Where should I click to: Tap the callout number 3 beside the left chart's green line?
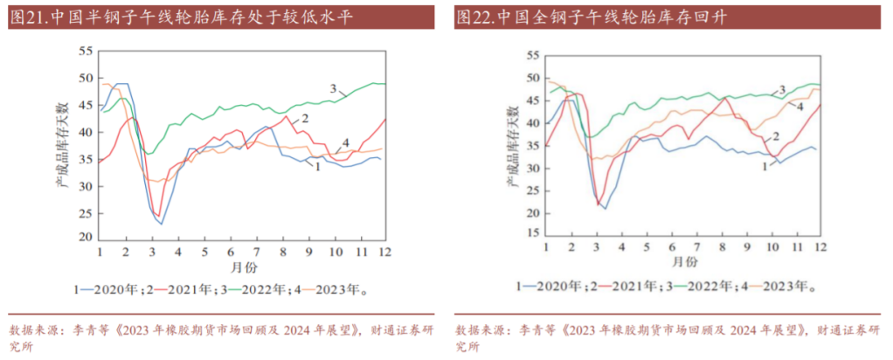pos(333,89)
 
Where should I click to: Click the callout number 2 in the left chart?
pos(306,118)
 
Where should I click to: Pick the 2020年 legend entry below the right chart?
pos(548,286)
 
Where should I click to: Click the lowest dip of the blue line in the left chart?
pos(160,225)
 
